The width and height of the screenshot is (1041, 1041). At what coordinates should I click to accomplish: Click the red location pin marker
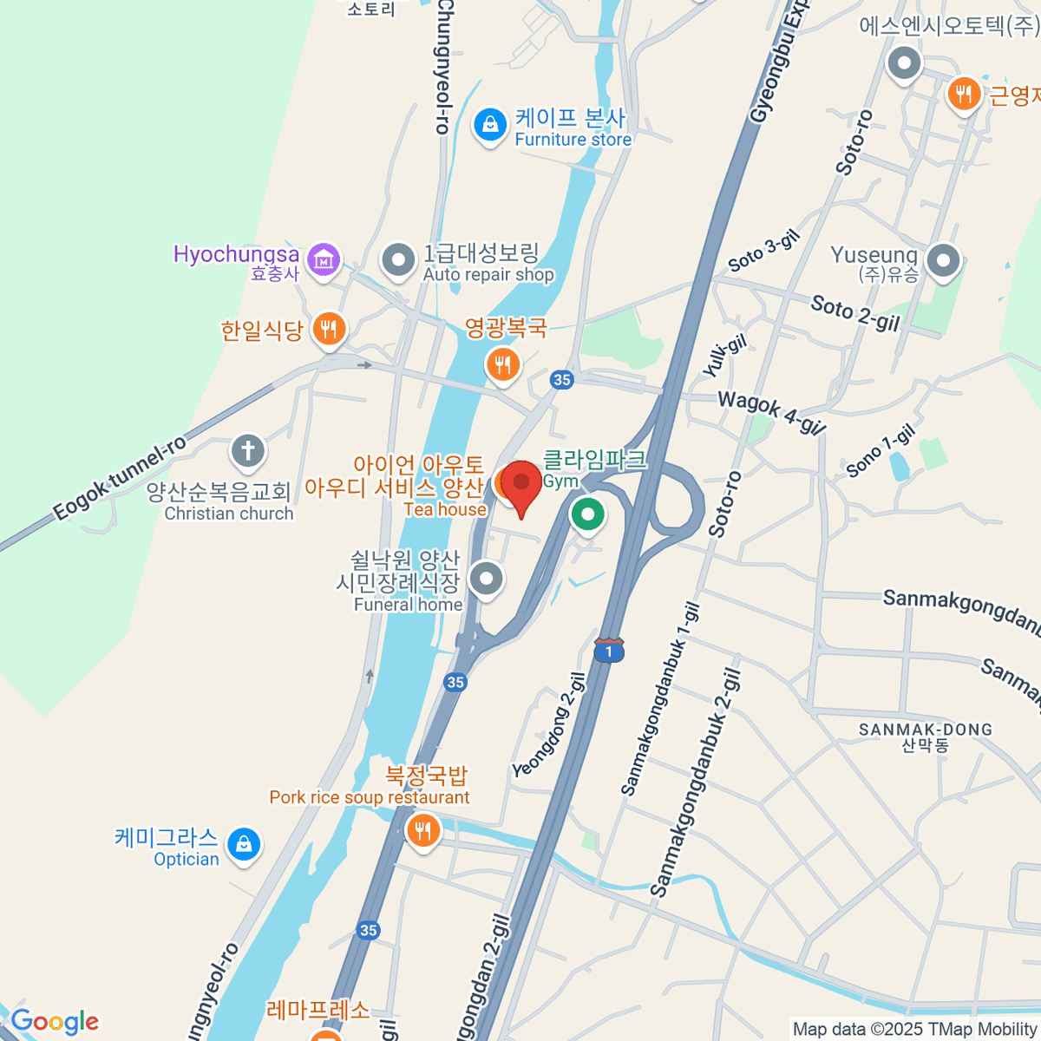pyautogui.click(x=521, y=482)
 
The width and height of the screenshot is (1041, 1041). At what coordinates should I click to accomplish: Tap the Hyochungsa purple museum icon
pyautogui.click(x=324, y=259)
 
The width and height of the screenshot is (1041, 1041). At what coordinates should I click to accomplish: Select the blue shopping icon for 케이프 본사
pyautogui.click(x=489, y=126)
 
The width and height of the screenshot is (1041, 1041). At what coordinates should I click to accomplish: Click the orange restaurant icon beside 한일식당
pyautogui.click(x=329, y=330)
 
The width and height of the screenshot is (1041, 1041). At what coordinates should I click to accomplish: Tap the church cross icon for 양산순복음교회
pyautogui.click(x=248, y=451)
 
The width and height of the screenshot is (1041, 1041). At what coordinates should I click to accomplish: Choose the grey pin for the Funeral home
pyautogui.click(x=486, y=578)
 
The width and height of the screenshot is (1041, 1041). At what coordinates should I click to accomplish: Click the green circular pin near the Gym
pyautogui.click(x=588, y=514)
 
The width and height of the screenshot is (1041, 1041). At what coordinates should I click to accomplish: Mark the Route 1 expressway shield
pyautogui.click(x=609, y=650)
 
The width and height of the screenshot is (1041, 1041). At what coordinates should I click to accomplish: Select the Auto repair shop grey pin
pyautogui.click(x=399, y=259)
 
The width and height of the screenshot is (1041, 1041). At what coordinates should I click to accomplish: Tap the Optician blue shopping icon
pyautogui.click(x=244, y=843)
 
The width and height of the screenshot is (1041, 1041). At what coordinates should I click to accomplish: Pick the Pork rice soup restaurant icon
pyautogui.click(x=422, y=831)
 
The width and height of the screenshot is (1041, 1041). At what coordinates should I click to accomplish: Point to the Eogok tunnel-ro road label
pyautogui.click(x=120, y=478)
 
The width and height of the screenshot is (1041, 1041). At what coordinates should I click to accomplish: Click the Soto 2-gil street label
pyautogui.click(x=854, y=313)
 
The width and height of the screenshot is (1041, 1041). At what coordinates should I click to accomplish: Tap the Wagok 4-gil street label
pyautogui.click(x=771, y=412)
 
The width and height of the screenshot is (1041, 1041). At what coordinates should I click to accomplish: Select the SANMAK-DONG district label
pyautogui.click(x=926, y=730)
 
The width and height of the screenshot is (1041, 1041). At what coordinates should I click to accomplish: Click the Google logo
pyautogui.click(x=55, y=1022)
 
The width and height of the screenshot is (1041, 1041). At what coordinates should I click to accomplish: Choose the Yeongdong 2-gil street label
pyautogui.click(x=549, y=725)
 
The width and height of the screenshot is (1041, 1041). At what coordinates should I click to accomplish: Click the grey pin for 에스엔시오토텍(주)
pyautogui.click(x=905, y=63)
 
